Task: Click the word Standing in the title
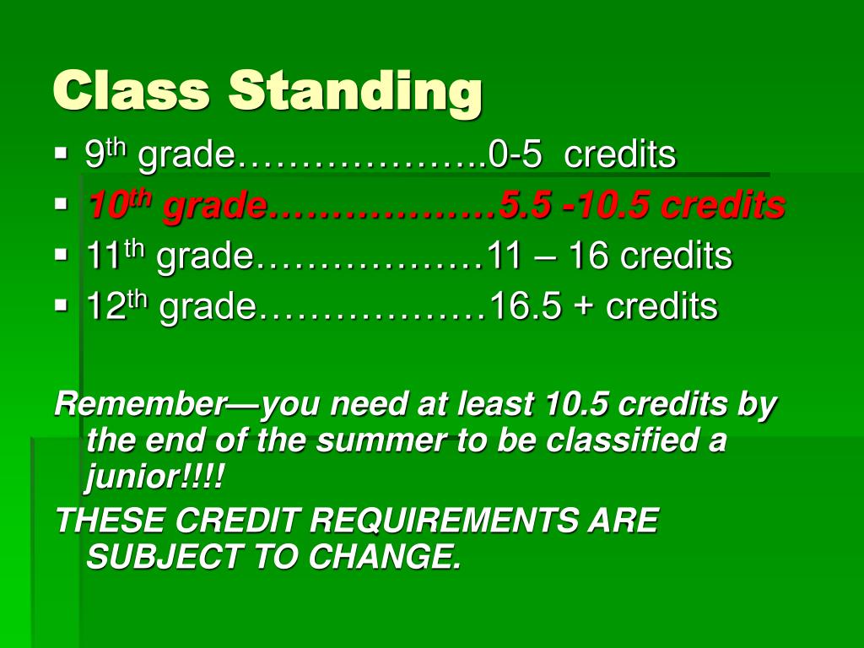[355, 91]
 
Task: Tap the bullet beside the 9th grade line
[60, 155]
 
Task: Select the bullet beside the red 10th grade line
[60, 205]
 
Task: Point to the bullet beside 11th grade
[60, 254]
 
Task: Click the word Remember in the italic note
[136, 405]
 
